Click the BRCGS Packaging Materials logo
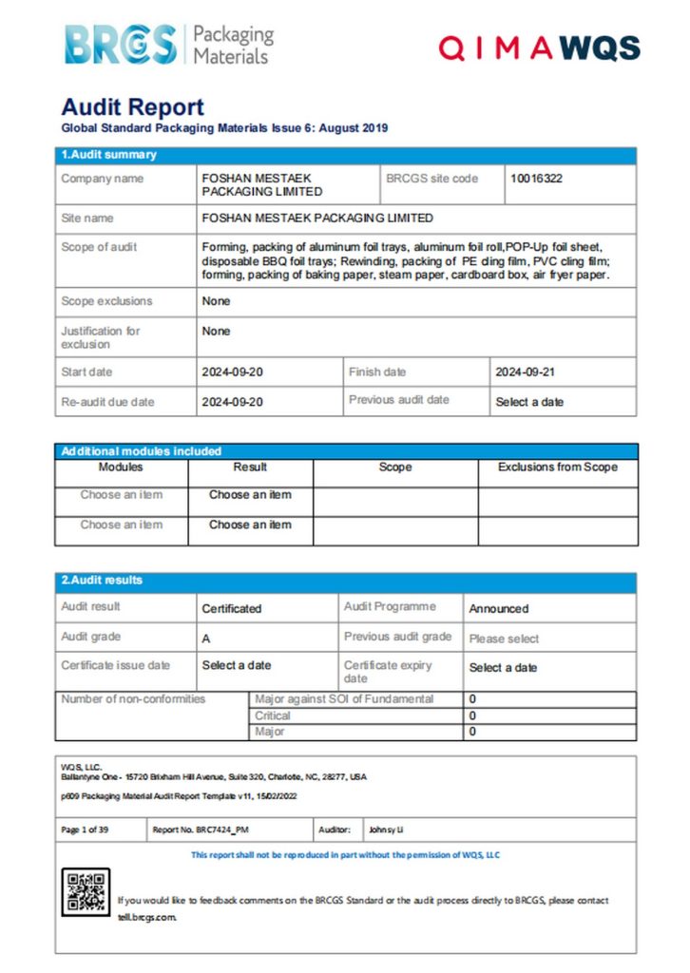tap(168, 44)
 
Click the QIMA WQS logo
tap(538, 48)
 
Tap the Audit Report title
tap(132, 107)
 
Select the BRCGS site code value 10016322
tap(536, 178)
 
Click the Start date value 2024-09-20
tap(232, 372)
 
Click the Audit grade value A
tap(206, 639)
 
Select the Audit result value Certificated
tap(231, 608)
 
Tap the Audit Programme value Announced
tap(498, 608)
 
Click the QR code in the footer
tap(86, 892)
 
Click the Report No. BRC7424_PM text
tap(201, 830)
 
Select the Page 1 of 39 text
tap(85, 830)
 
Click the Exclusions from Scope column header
tap(557, 467)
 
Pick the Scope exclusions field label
tap(106, 301)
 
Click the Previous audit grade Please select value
tap(504, 639)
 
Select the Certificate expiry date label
tap(387, 672)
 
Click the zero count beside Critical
tap(472, 715)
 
